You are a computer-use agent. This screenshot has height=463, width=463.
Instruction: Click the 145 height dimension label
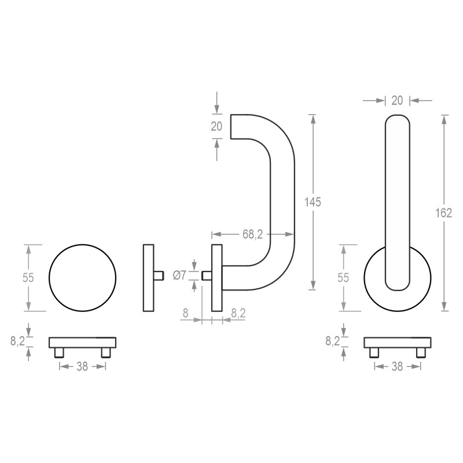click(313, 202)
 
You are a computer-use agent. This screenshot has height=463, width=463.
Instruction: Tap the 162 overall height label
click(444, 213)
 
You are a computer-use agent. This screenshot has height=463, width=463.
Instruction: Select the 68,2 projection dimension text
click(253, 234)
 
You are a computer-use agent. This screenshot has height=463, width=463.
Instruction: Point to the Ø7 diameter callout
click(179, 275)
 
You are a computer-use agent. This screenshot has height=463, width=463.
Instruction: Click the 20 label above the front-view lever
click(397, 101)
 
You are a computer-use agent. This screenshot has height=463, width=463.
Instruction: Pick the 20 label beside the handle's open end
click(216, 126)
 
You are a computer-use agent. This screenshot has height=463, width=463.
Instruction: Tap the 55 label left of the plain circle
click(28, 278)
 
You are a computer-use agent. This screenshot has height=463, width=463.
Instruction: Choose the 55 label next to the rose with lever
click(343, 278)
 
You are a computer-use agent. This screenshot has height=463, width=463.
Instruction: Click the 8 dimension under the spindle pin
click(185, 313)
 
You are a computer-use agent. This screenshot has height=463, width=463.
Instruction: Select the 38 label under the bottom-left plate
click(82, 367)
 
